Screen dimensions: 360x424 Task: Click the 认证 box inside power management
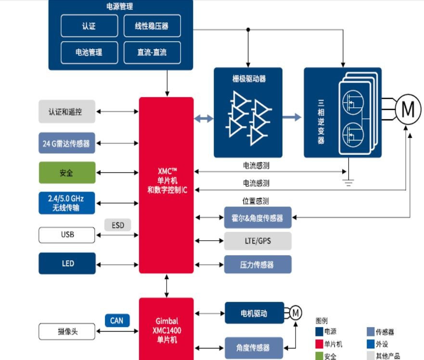pos(89,26)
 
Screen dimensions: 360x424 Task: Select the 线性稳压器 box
pos(152,26)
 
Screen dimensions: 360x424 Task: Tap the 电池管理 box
pos(89,52)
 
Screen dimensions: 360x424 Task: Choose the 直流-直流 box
pos(152,52)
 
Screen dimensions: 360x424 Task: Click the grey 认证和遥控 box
pos(66,112)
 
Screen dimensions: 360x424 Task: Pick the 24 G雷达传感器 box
pos(66,143)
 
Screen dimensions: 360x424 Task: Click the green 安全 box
pos(66,173)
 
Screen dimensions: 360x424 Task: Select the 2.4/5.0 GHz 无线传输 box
pos(66,203)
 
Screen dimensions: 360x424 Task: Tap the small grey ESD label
pos(118,225)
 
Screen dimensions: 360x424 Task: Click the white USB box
pos(66,235)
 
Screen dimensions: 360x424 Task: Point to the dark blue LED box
pos(66,264)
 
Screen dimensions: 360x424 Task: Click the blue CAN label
pos(117,321)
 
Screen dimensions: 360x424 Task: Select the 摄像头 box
pos(66,332)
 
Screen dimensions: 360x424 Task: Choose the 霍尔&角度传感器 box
pos(257,218)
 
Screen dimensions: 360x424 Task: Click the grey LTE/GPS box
pos(257,241)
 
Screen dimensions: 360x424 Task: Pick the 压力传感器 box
pos(257,264)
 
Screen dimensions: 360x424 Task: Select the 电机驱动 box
pos(253,313)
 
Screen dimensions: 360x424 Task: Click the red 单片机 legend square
pos(320,344)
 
